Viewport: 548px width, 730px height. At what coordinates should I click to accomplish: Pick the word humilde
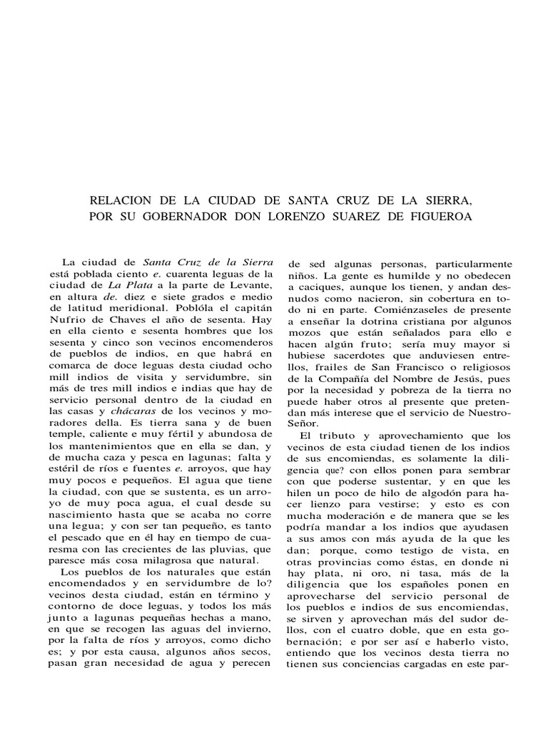[405, 274]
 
